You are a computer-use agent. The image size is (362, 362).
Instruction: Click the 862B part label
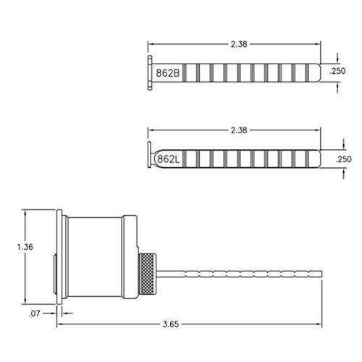coord(167,72)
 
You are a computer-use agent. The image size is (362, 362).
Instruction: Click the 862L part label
coord(167,159)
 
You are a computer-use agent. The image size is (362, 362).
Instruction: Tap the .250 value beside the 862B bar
coord(337,72)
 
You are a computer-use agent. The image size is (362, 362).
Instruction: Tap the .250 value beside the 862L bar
coord(337,159)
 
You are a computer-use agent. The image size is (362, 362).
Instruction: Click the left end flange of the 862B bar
coord(149,72)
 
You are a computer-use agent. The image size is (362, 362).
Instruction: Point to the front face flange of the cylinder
coord(60,257)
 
